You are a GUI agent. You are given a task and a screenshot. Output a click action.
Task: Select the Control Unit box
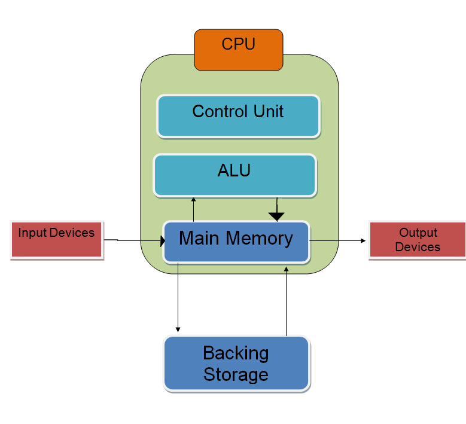[238, 116]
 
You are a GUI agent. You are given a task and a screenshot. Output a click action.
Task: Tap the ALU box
[234, 175]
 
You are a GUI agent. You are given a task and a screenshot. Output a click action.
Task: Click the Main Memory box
[236, 242]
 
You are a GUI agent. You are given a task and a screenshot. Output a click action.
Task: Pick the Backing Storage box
[236, 364]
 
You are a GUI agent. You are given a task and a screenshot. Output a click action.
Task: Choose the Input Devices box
[56, 240]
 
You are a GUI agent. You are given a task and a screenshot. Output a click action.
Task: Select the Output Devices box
[418, 240]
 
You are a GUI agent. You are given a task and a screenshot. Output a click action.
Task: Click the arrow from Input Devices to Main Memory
[135, 241]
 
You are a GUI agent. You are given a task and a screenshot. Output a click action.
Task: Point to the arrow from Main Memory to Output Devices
[338, 240]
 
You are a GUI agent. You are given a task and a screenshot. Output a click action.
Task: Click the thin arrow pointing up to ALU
[193, 209]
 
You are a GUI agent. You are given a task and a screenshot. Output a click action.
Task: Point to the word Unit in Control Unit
[269, 111]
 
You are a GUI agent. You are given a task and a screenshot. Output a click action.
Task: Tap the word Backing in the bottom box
[236, 353]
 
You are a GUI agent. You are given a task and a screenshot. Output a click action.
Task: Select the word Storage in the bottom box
[236, 375]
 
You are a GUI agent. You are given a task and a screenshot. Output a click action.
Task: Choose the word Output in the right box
[418, 233]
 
